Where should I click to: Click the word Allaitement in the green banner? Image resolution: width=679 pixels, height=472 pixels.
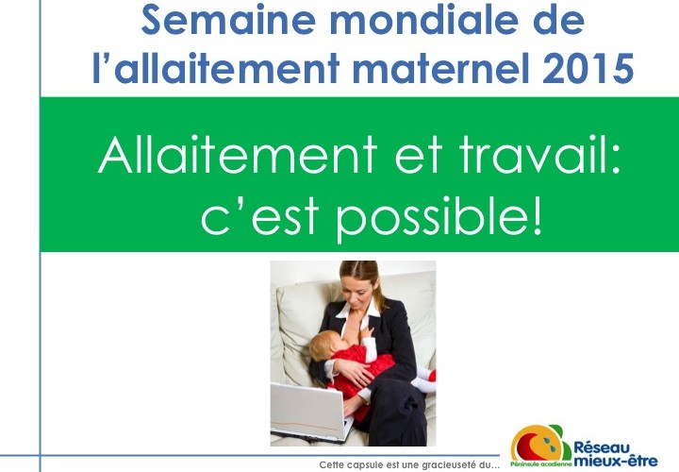coord(238,155)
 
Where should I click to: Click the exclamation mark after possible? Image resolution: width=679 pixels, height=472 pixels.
coord(537,215)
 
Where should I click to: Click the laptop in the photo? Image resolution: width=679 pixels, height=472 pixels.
coord(311,412)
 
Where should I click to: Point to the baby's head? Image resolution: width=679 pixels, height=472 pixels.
coord(327,347)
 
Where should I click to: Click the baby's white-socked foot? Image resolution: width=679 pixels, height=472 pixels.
coord(422,381)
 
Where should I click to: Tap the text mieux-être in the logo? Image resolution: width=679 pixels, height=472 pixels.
coord(615,461)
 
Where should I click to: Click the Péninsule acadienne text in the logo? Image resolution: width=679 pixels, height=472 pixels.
coord(541,464)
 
